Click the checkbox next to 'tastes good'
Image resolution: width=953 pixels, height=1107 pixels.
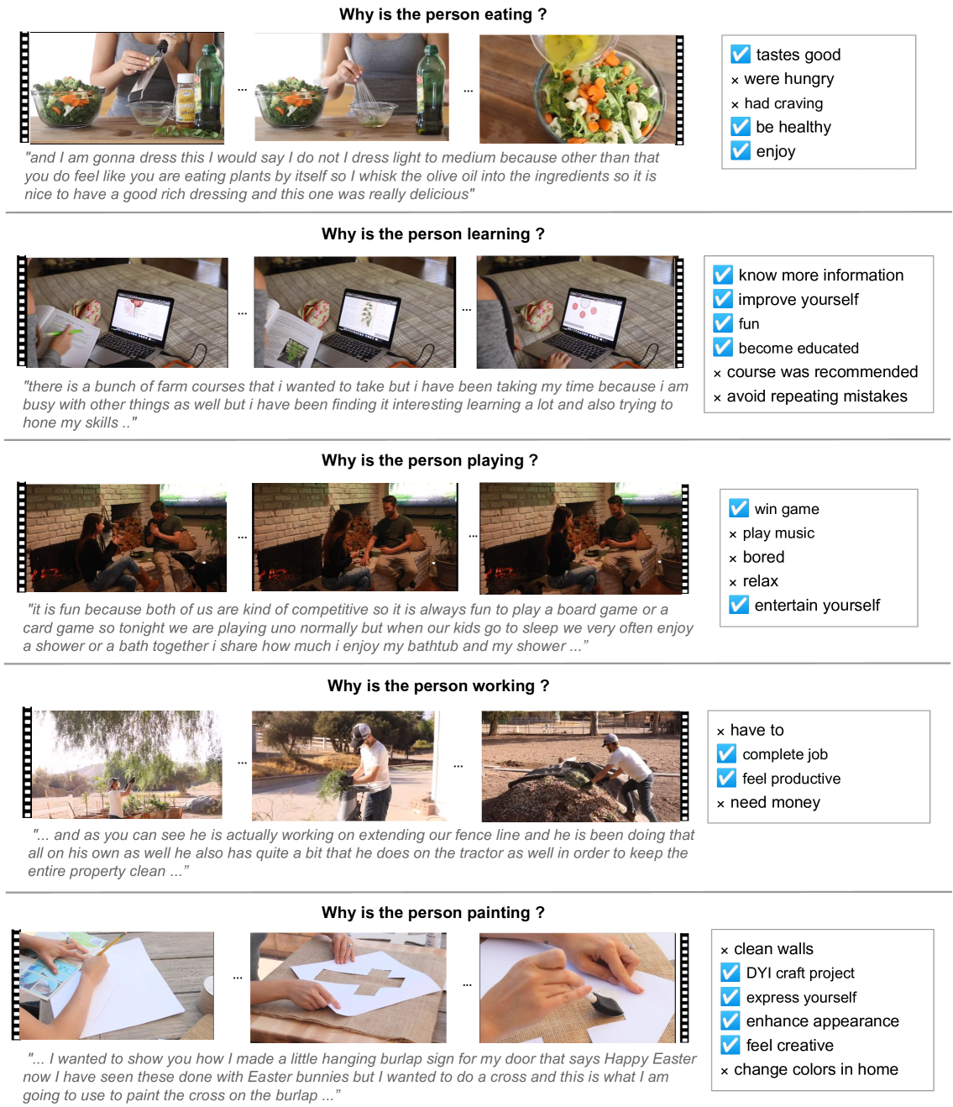pos(740,54)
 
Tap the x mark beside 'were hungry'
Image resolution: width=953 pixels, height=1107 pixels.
pos(735,81)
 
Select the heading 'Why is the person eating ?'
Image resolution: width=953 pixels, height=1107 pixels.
pos(442,14)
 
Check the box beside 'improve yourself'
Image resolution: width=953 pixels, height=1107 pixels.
pos(722,299)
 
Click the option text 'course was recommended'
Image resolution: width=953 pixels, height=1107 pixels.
pos(822,371)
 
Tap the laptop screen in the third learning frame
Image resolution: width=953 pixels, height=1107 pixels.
pos(595,312)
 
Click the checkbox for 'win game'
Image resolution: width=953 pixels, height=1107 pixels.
pos(738,507)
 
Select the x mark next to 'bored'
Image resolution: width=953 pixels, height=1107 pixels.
pos(733,559)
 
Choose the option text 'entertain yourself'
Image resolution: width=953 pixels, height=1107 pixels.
pos(817,606)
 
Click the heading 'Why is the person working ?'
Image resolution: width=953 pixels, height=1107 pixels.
pos(438,685)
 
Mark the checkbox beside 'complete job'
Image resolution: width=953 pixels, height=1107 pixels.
pos(726,753)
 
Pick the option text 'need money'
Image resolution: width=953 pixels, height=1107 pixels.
pos(775,802)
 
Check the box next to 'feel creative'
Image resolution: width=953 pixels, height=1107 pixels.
pos(730,1044)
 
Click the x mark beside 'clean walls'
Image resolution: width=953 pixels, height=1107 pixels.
pos(725,951)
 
